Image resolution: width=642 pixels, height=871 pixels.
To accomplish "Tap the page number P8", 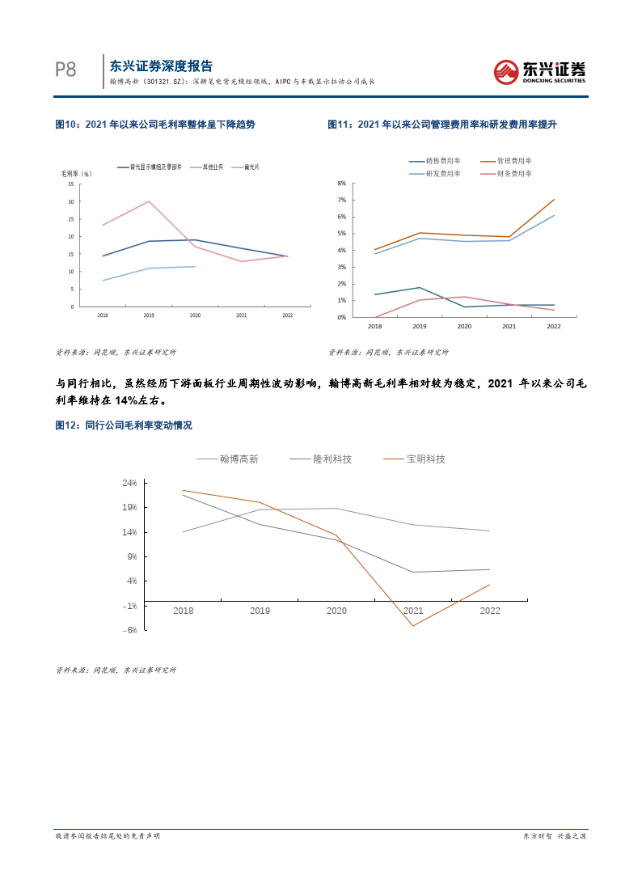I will tap(65, 70).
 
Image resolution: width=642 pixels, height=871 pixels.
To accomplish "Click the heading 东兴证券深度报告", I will tap(161, 66).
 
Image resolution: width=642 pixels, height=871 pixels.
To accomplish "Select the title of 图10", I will tap(154, 125).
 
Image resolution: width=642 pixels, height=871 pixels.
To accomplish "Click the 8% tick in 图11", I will tap(341, 183).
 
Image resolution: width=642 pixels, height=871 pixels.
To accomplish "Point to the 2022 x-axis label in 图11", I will tap(554, 326).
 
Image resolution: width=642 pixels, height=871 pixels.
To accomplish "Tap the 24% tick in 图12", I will tap(129, 483).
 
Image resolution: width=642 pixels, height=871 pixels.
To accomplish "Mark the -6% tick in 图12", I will tap(130, 630).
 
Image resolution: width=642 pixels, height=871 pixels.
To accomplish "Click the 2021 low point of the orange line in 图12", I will tap(413, 626).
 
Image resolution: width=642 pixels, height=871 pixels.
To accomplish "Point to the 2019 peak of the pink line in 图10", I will tap(149, 201).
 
